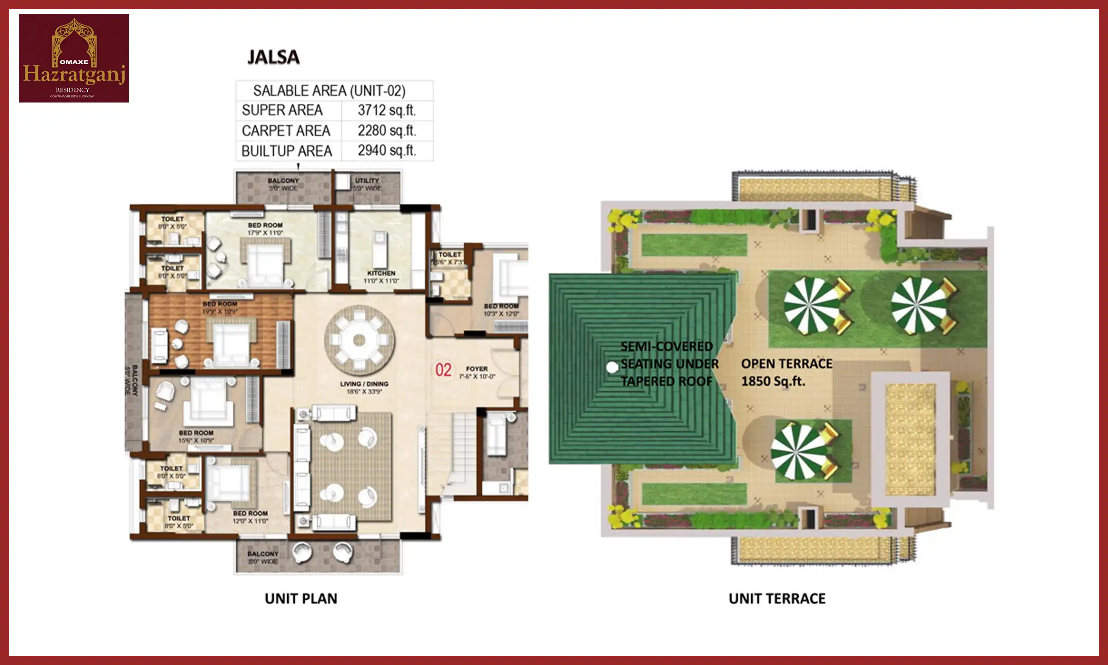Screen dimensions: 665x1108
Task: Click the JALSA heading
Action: pos(273,57)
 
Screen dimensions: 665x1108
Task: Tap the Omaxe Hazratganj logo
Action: pos(74,58)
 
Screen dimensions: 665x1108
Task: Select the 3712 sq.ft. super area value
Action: pos(386,110)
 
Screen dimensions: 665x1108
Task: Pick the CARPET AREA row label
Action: pos(286,131)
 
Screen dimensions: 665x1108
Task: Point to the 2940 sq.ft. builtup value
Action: pos(386,151)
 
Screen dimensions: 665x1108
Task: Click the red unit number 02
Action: pos(443,370)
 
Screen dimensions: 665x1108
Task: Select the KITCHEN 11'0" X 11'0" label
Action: pos(381,277)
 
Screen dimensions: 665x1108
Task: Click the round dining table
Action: pos(359,341)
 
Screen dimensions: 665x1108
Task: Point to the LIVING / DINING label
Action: pos(364,387)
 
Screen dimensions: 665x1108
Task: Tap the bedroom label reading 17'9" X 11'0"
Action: pos(265,229)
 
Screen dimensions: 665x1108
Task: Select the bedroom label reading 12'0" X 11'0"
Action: pos(250,517)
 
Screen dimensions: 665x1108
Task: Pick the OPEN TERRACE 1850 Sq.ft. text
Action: pos(786,372)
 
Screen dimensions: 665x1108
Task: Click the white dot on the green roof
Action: pos(612,368)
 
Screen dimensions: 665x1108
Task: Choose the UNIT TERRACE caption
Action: pos(777,598)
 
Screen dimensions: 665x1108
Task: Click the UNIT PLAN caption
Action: pos(301,598)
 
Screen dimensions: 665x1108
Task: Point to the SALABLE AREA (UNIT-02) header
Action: pos(329,91)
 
